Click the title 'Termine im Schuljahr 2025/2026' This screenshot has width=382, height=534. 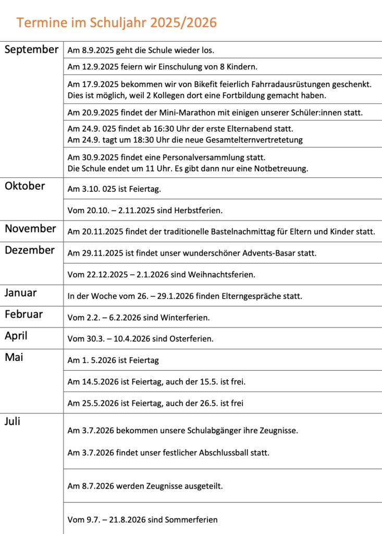(116, 22)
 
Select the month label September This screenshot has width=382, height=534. (31, 50)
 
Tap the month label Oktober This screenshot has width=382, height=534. (25, 186)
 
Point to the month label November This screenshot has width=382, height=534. (30, 229)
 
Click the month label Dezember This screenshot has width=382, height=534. (30, 250)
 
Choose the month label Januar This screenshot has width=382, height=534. (21, 293)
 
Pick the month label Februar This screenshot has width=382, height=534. (24, 314)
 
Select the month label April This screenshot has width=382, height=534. (16, 336)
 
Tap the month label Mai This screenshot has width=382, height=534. (14, 358)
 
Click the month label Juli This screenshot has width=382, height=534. (13, 421)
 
